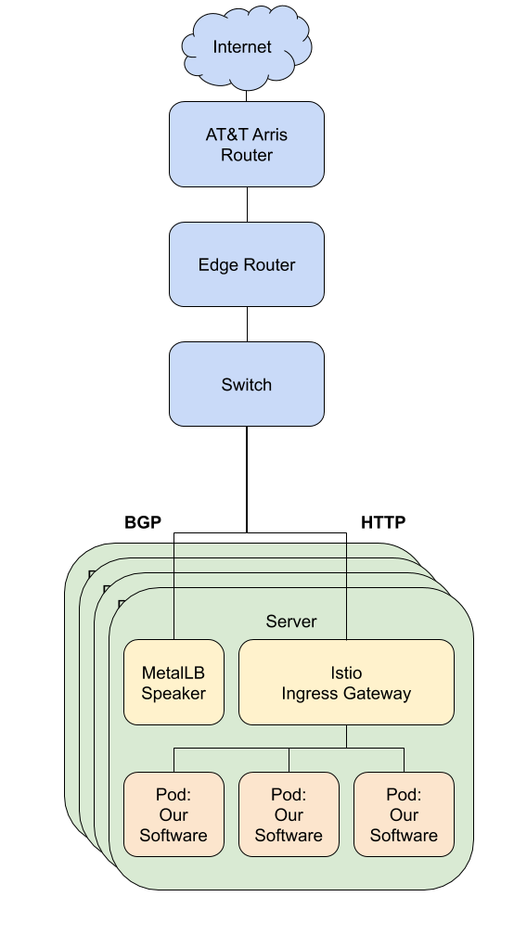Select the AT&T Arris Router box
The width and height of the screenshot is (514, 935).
pos(247,145)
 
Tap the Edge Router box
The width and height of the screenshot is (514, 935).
pos(247,264)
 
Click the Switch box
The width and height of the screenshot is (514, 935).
pos(247,384)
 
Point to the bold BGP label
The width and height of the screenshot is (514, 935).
pos(143,522)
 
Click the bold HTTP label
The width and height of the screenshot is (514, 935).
pos(383,522)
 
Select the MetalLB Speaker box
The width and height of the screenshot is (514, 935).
pos(174,682)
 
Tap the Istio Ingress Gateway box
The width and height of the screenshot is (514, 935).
pos(346,682)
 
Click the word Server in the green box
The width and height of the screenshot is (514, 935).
pos(291,621)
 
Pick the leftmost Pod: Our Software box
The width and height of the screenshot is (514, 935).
pos(174,814)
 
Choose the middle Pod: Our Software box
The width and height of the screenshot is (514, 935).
pos(289,814)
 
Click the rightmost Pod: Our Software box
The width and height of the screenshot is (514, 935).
pos(405,814)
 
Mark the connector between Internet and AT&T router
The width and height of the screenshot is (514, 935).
pos(247,96)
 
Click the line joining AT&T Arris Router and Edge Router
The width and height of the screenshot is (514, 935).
pos(247,204)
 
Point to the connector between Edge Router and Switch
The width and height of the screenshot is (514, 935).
pos(247,325)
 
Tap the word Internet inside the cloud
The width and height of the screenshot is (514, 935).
pos(242,47)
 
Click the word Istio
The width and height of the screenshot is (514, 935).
pos(346,672)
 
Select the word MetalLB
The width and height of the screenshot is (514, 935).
pos(173,672)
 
